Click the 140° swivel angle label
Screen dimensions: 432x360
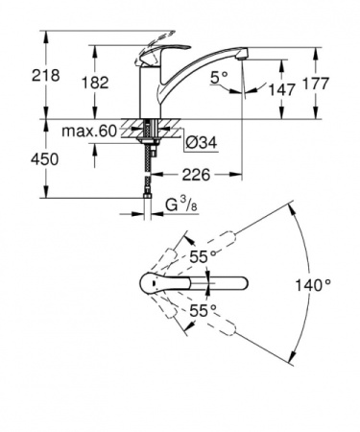pos(314,285)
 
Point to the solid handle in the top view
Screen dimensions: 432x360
pos(154,285)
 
